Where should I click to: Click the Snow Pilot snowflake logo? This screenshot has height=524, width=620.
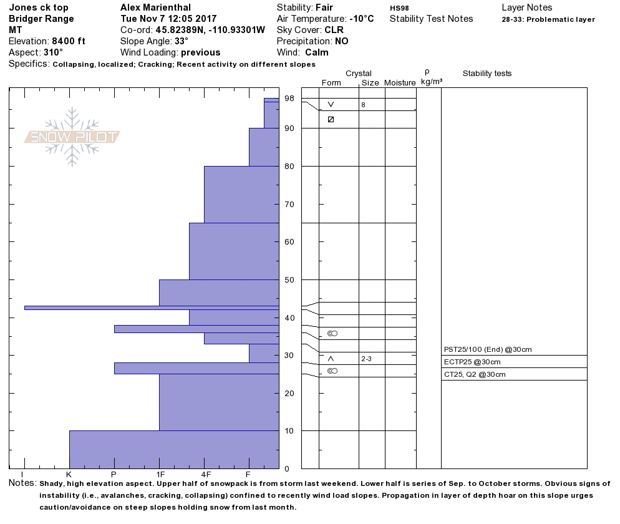coord(72,137)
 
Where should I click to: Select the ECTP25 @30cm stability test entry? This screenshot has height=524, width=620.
coord(472,362)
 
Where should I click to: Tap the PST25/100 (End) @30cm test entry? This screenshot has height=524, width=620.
coord(488,349)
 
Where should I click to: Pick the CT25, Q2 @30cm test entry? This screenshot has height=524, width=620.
coord(475,374)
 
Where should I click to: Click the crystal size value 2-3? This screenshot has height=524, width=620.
coord(367,359)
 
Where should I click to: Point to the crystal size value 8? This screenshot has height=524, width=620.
coord(363,105)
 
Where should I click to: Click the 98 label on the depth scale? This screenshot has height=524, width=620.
coord(289,99)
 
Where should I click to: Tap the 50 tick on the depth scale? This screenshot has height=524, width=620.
coord(289,279)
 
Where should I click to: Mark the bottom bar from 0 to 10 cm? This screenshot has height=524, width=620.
coord(173,449)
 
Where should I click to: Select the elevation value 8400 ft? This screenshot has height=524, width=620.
coord(69,41)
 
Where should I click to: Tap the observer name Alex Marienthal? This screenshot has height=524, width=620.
coord(157,7)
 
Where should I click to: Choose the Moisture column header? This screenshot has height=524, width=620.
coord(400,83)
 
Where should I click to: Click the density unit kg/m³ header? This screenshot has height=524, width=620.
coord(432,82)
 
